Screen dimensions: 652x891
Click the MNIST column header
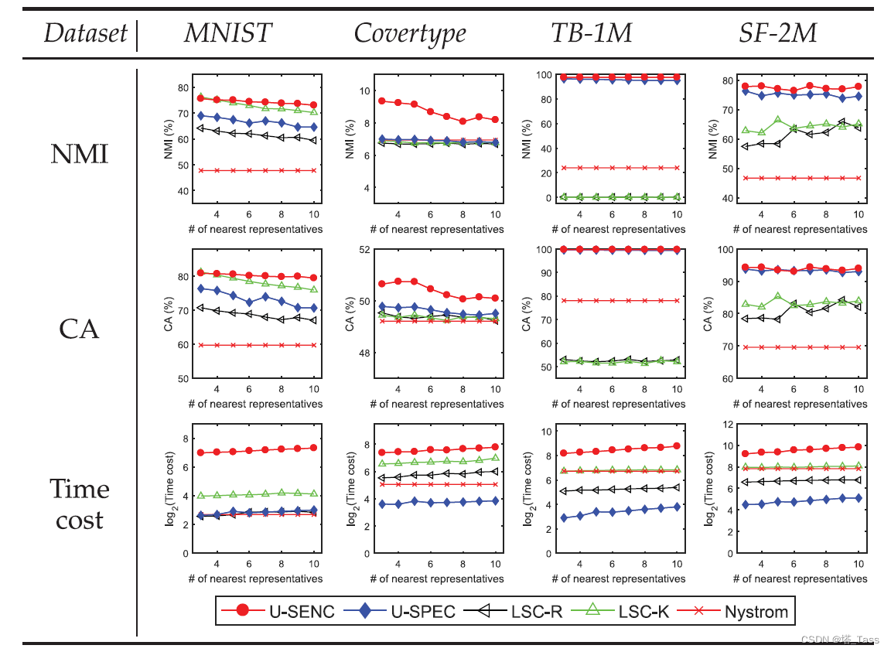228,33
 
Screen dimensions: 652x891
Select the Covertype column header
410,33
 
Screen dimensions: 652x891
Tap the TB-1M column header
591,33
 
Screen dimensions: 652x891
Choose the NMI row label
80,154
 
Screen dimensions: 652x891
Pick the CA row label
80,329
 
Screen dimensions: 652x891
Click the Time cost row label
80,504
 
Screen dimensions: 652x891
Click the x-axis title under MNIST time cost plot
255,579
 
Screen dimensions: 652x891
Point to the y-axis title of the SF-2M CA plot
707,313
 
